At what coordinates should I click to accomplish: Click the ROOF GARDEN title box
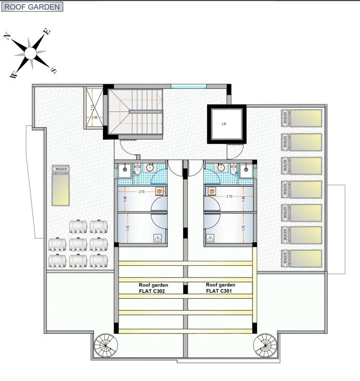pyautogui.click(x=32, y=7)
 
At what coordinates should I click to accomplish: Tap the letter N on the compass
pyautogui.click(x=8, y=36)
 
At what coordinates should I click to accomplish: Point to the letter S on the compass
pyautogui.click(x=54, y=71)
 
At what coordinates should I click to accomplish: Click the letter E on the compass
pyautogui.click(x=47, y=31)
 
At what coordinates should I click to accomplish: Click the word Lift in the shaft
pyautogui.click(x=224, y=124)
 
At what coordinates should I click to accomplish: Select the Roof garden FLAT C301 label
pyautogui.click(x=220, y=288)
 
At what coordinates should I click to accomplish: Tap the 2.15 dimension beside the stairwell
pyautogui.click(x=92, y=107)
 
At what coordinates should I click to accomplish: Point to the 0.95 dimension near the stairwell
pyautogui.click(x=94, y=118)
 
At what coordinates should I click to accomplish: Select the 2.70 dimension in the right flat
pyautogui.click(x=229, y=196)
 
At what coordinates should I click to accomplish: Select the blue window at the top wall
pyautogui.click(x=188, y=87)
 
